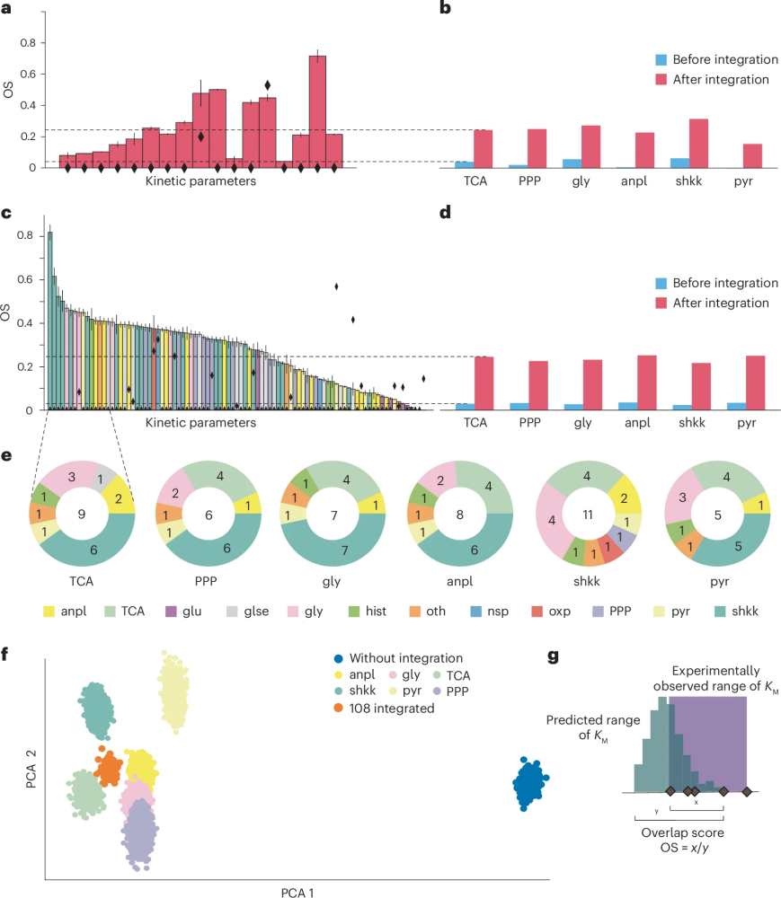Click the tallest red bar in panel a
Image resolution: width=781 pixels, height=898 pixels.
[317, 111]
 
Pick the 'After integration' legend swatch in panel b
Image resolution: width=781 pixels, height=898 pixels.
[661, 79]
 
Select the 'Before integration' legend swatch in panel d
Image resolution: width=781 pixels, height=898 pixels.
[661, 283]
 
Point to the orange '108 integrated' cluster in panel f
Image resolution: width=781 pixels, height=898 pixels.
[109, 769]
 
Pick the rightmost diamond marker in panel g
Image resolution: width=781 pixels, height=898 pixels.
[747, 791]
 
